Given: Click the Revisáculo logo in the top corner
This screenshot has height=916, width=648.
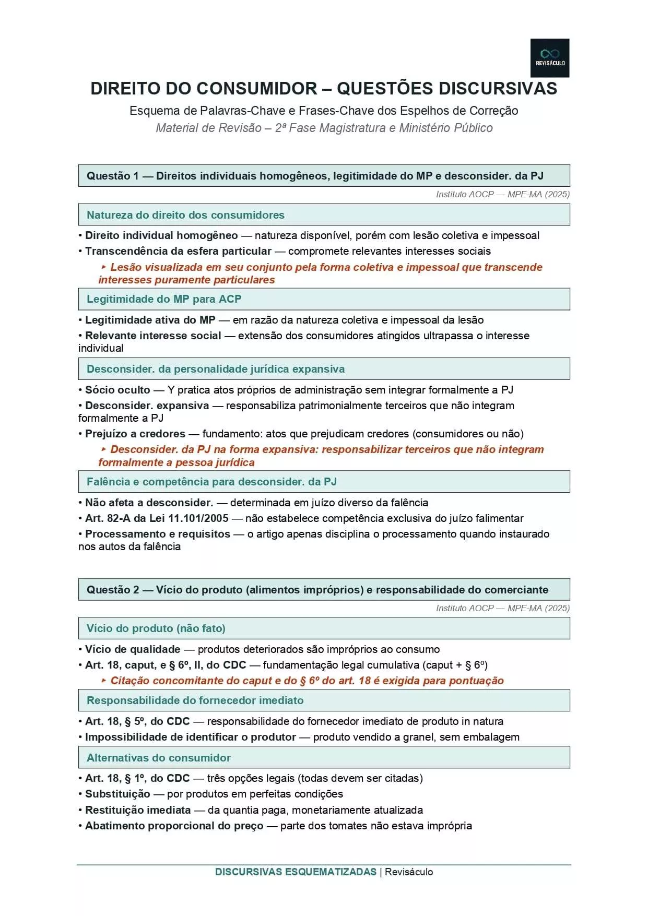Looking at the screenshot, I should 549,58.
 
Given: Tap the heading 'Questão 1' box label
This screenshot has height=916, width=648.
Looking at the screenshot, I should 112,176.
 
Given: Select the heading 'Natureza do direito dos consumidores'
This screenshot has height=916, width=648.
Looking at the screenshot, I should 185,215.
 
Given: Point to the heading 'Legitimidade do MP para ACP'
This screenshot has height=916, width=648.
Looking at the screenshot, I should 164,299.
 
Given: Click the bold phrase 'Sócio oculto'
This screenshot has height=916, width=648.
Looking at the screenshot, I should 117,390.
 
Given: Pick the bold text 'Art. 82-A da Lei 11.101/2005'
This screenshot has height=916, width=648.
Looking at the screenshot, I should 157,518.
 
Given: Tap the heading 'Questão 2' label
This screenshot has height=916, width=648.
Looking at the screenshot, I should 112,590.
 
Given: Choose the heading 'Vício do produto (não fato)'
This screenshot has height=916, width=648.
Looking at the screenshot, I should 156,628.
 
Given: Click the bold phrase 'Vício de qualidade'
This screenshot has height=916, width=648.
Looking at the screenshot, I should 133,649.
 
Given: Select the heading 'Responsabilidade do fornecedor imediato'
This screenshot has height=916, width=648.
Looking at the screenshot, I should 195,700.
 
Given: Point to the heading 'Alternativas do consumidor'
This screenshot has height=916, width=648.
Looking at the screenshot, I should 158,758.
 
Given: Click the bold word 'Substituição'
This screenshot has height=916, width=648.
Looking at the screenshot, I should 117,794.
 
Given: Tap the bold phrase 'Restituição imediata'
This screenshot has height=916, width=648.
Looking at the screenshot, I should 138,810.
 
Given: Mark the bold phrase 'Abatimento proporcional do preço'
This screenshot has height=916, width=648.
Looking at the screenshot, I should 174,826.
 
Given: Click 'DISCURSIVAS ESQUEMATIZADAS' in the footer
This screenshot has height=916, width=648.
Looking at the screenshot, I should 296,872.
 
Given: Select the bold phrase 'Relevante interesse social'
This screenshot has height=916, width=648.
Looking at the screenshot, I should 153,336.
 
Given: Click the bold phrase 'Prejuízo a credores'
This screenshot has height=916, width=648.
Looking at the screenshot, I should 135,434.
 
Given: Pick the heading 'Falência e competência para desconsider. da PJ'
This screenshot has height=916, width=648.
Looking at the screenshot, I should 211,482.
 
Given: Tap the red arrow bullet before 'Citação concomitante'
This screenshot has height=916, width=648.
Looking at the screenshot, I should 103,681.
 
